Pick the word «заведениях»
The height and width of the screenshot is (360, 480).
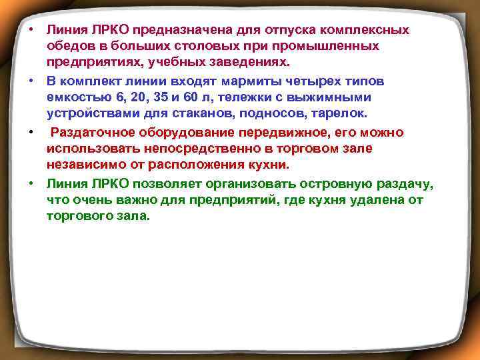tap(253, 63)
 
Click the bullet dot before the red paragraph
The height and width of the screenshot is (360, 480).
tap(31, 132)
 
